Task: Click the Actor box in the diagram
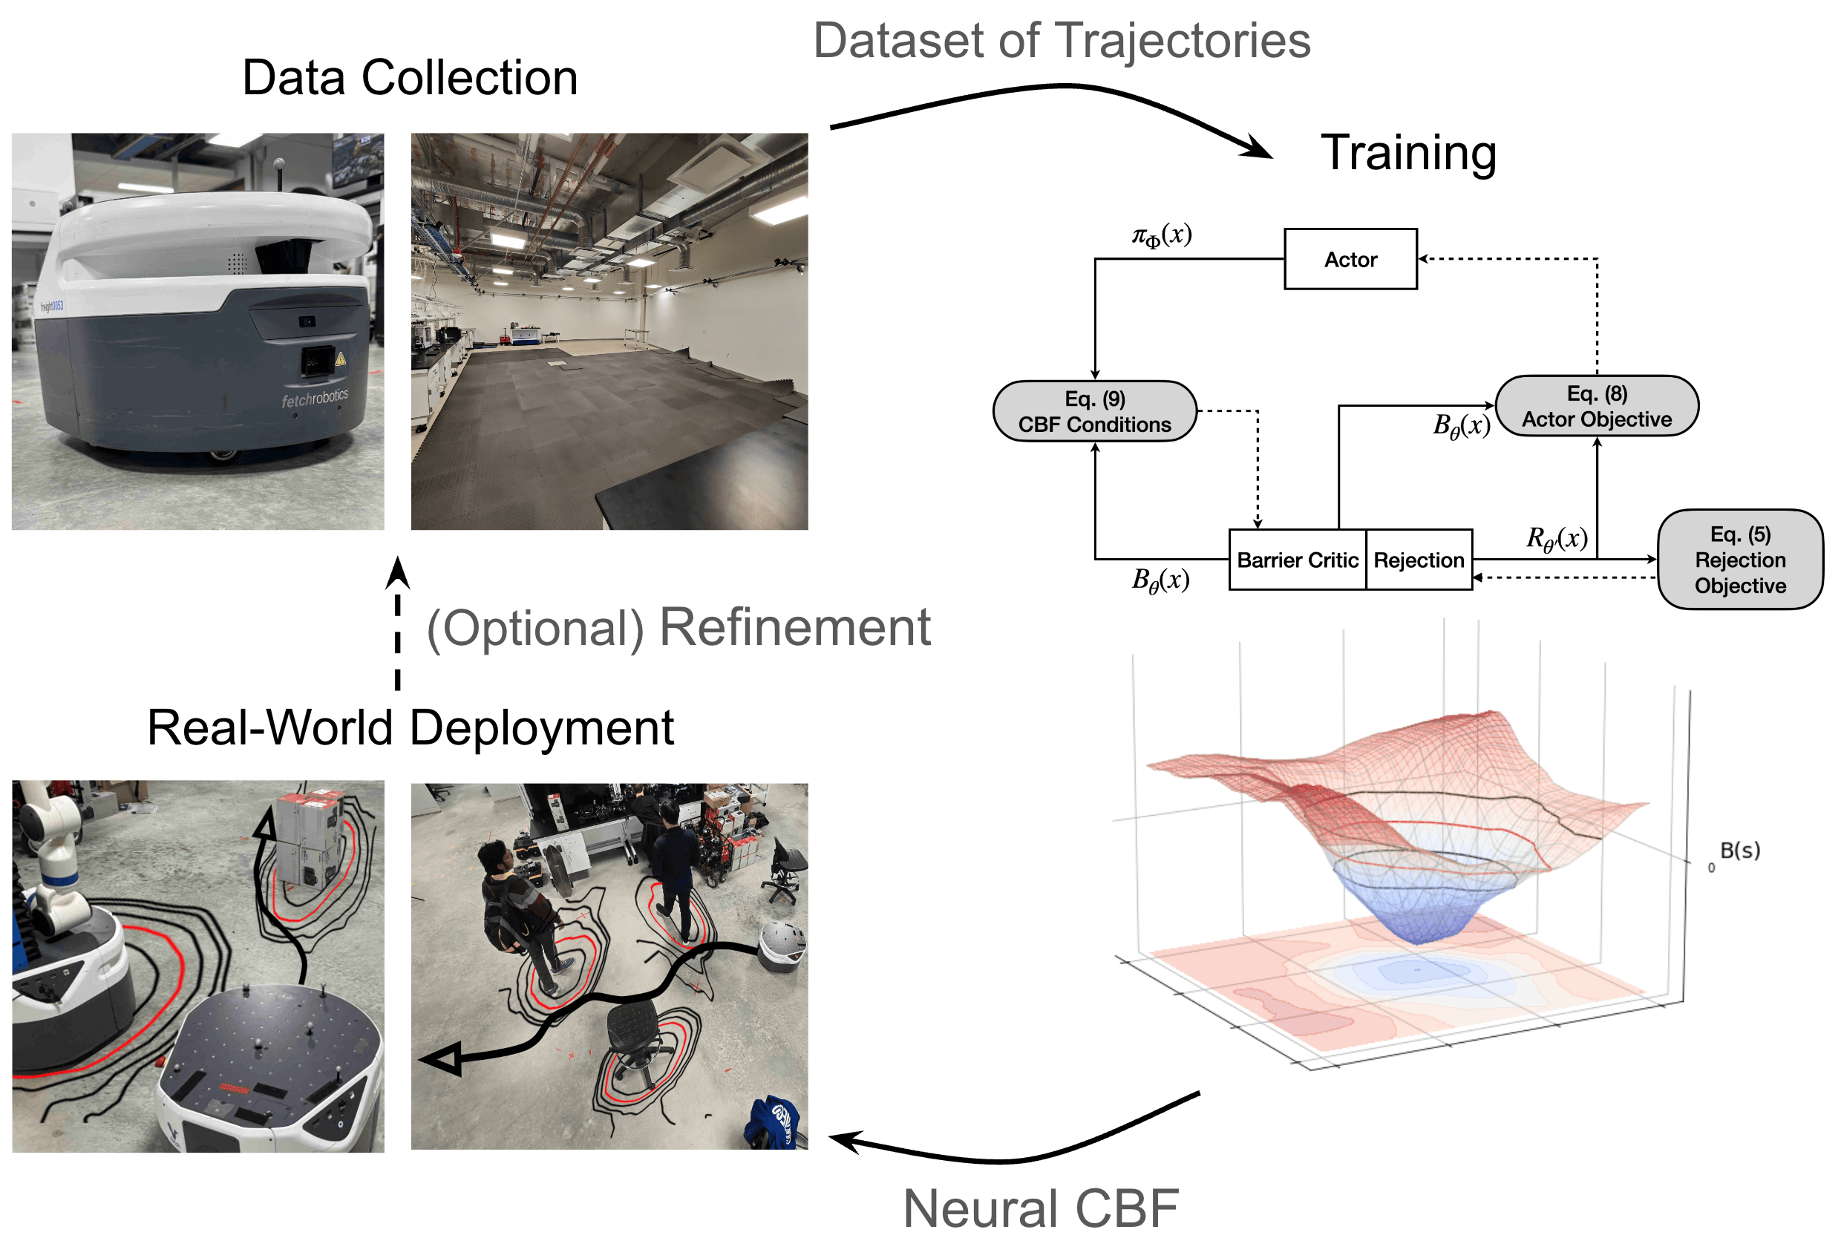pos(1350,259)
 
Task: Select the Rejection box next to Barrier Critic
pos(1418,560)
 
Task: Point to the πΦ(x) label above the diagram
pos(1161,235)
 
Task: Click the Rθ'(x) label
pos(1555,538)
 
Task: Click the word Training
pos(1407,152)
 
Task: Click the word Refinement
pos(794,627)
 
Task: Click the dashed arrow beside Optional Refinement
pos(397,625)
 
